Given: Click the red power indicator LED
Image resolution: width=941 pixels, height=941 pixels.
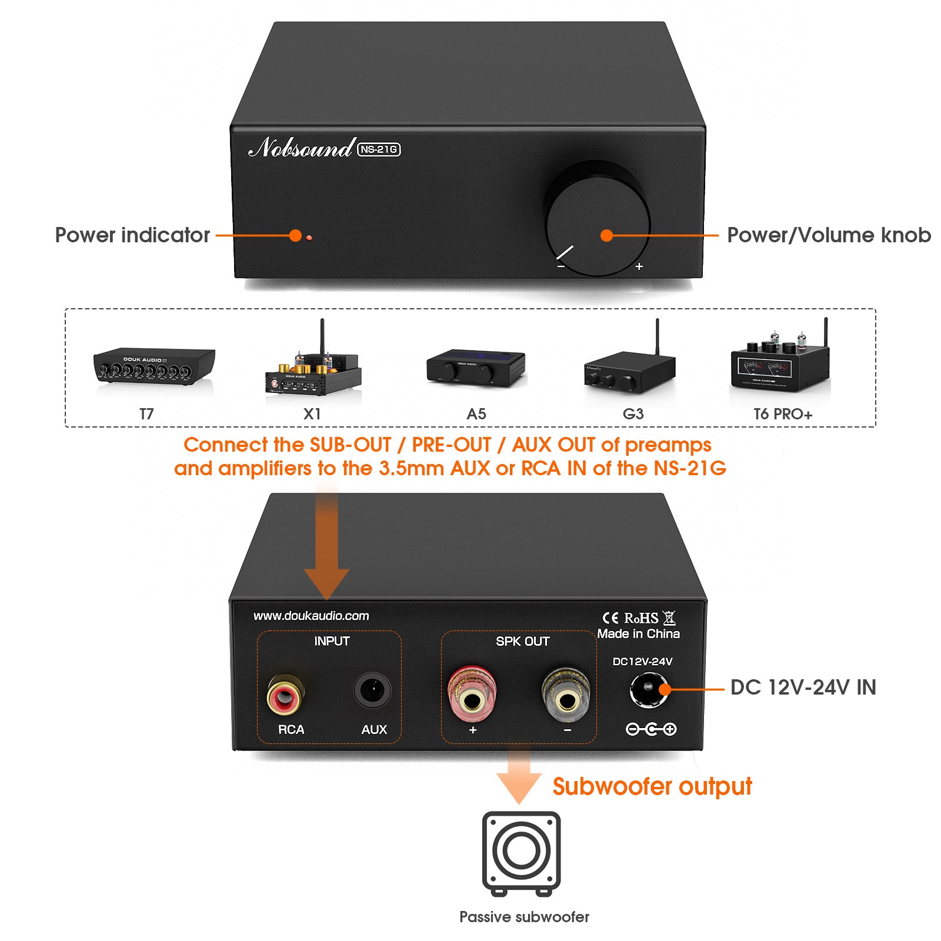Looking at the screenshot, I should [x=309, y=238].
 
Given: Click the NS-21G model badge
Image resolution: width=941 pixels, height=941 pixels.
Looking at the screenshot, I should [x=379, y=149].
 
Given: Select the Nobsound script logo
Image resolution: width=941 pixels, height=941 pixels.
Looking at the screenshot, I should [x=301, y=148].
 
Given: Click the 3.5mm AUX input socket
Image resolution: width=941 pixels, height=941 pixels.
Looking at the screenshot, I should [x=372, y=689].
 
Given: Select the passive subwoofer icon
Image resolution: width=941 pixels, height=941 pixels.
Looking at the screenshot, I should [x=521, y=853].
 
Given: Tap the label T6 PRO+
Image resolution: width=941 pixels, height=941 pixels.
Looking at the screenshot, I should [x=783, y=414].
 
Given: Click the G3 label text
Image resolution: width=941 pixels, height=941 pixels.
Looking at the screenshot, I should [x=633, y=414].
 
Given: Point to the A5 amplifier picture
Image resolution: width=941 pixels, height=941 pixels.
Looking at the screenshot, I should [x=476, y=368].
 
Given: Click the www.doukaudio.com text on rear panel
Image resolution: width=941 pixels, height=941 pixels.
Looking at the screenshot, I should [x=311, y=616].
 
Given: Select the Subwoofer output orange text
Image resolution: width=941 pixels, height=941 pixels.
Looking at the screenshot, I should [x=652, y=786].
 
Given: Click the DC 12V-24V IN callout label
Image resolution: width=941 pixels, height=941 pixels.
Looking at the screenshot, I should [x=803, y=687].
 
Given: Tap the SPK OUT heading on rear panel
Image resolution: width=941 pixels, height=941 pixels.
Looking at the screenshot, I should [x=522, y=641].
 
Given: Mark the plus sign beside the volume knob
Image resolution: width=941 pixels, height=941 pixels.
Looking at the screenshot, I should [x=639, y=266].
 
